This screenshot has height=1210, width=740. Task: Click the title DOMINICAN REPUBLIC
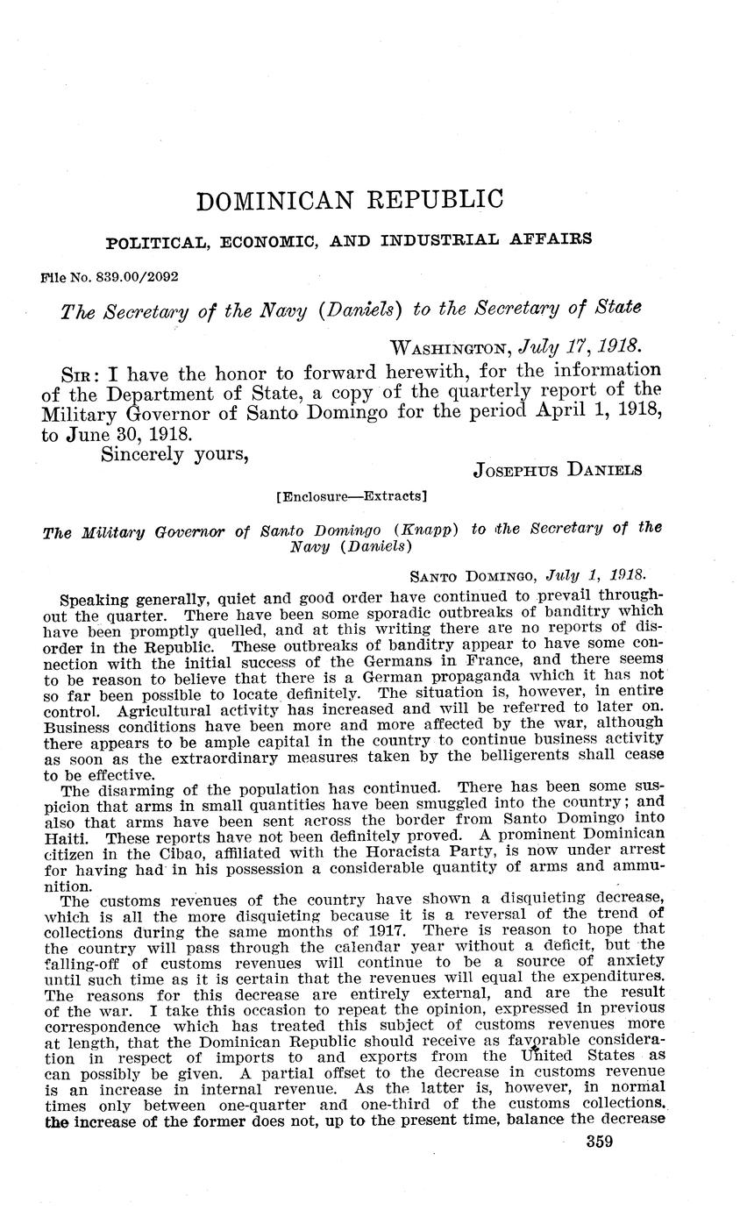coord(350,200)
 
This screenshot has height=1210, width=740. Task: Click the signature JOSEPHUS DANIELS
coord(557,469)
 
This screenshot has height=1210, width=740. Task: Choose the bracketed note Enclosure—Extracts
coord(351,496)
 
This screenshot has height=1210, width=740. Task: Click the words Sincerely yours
coord(175,456)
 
